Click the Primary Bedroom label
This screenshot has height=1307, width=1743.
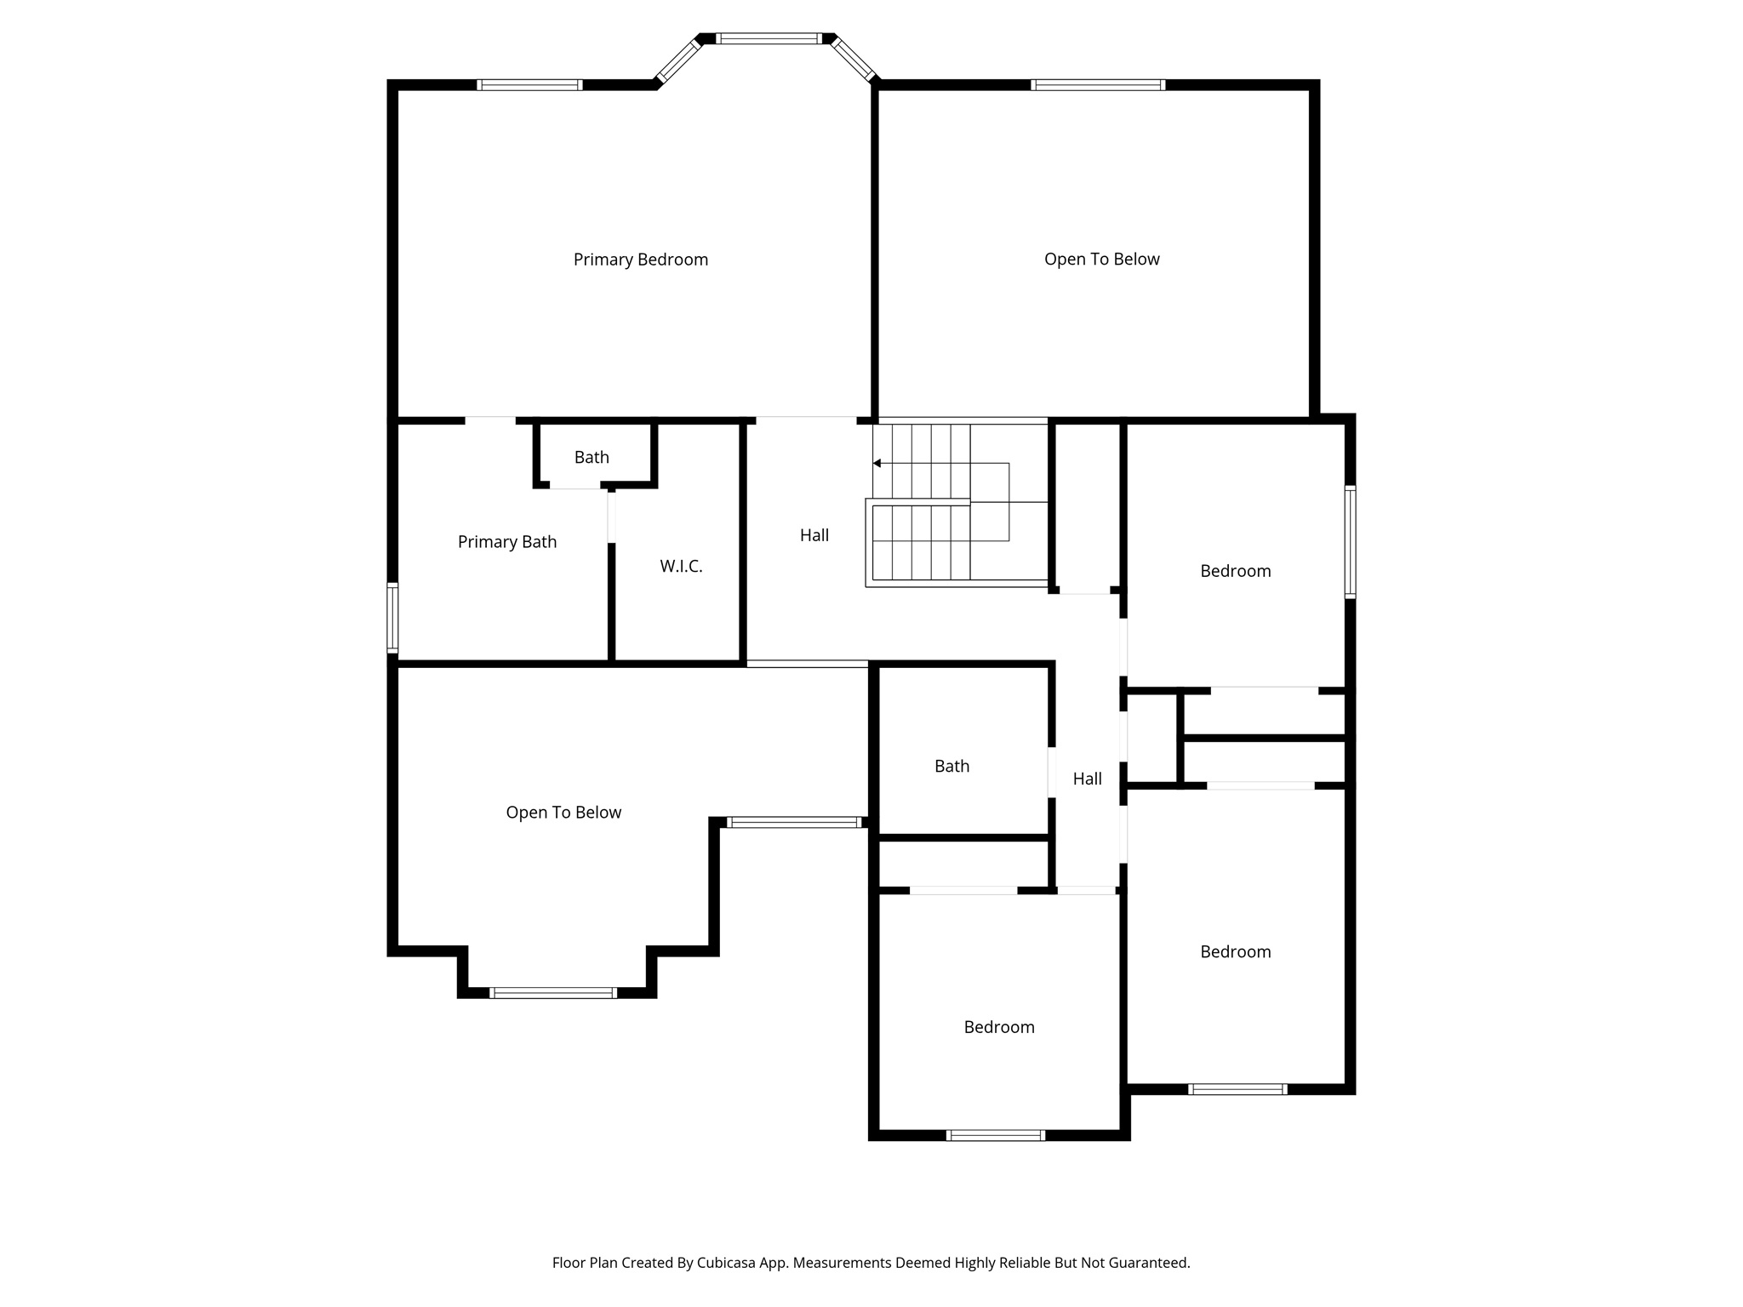pos(640,260)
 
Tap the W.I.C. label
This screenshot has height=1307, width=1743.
pos(681,566)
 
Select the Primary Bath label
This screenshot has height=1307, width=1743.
pos(507,542)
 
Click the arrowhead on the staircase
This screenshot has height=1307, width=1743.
pos(877,464)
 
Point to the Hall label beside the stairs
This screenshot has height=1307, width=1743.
pos(814,535)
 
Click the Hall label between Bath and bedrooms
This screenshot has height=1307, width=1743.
pos(1087,779)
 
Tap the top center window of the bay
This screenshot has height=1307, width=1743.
pos(769,38)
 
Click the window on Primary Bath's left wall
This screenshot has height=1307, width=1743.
pos(392,617)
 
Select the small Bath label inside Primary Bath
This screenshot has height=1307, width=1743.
pos(591,458)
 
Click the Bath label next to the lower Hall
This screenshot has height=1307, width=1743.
pos(952,766)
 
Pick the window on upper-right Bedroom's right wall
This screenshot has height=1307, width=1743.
pos(1350,542)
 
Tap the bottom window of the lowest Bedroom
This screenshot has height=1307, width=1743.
pos(995,1135)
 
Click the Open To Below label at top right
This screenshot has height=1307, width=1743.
pos(1101,260)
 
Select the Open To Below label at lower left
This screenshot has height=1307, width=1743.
pos(563,813)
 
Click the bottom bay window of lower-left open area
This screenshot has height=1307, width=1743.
pos(553,992)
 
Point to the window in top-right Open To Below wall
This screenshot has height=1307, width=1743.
pos(1097,85)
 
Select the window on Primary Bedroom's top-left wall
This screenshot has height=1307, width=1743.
pos(529,85)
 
